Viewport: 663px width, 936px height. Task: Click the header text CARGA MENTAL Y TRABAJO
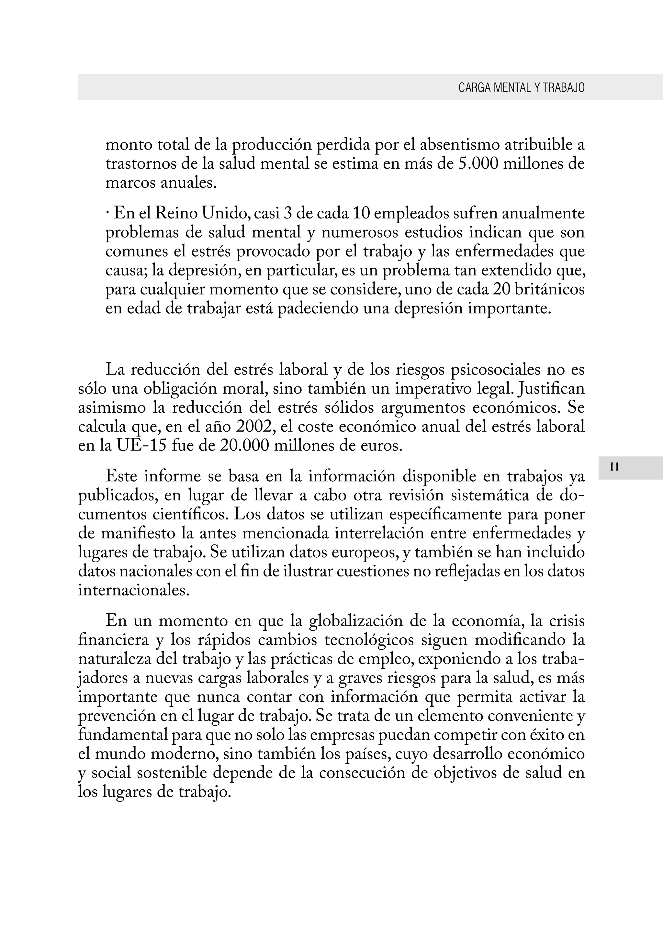pos(521,88)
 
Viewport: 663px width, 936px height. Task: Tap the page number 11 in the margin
pos(614,467)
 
